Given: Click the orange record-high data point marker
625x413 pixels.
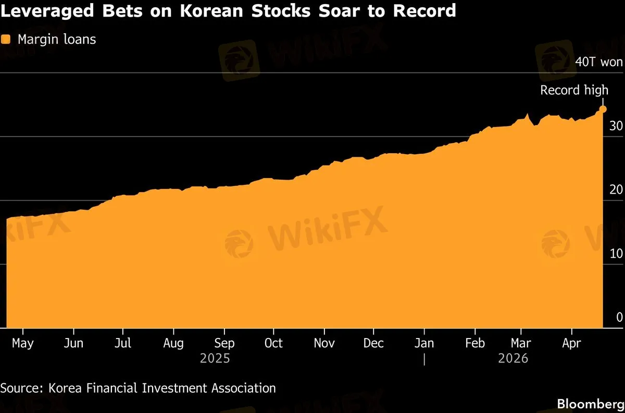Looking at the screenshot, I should [603, 109].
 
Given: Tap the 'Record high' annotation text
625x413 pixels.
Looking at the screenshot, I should [574, 90].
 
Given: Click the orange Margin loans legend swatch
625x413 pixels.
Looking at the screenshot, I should [6, 39].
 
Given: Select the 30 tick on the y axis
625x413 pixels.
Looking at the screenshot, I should [616, 126].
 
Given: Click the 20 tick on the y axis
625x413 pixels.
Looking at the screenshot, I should [616, 190].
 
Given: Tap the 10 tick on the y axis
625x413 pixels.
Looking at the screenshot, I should [616, 254].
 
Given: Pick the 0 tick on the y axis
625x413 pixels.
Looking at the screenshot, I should [619, 317].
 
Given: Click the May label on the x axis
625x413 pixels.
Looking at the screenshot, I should [22, 343].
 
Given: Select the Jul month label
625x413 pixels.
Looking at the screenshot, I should [122, 343].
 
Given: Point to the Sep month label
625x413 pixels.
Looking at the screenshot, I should [224, 343].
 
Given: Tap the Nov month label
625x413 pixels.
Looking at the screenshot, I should [324, 343].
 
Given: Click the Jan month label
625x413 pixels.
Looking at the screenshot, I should [424, 343].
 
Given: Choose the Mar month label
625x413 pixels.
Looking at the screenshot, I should [521, 343].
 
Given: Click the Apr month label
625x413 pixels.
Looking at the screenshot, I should [572, 343].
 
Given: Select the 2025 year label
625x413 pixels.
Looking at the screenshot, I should [215, 359].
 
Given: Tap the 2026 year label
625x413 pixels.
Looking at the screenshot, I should [513, 359].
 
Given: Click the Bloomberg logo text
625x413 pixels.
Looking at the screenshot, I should [590, 404].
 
